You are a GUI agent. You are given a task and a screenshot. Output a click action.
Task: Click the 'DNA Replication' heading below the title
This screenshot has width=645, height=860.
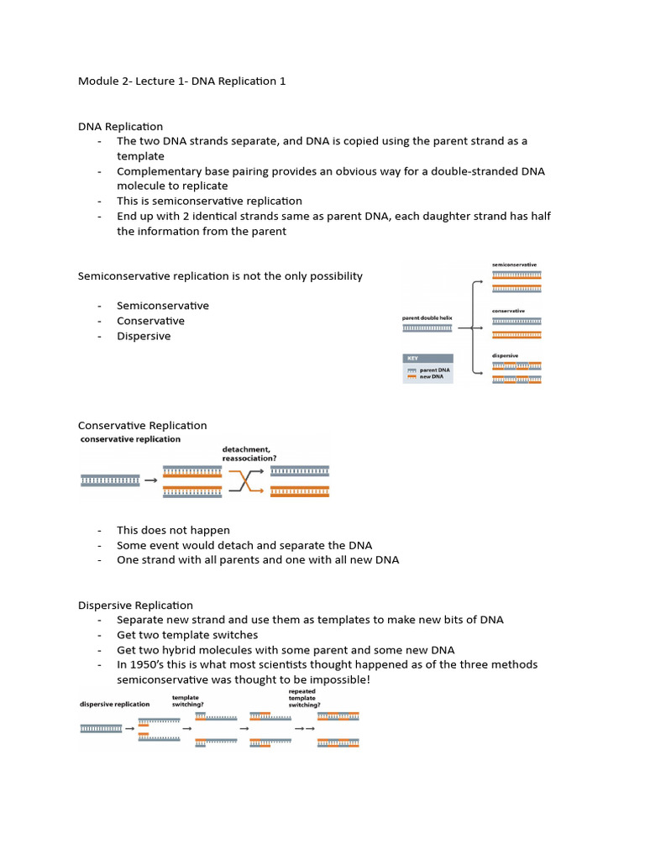pyautogui.click(x=120, y=126)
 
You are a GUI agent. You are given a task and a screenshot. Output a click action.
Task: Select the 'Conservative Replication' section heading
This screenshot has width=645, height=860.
pyautogui.click(x=142, y=426)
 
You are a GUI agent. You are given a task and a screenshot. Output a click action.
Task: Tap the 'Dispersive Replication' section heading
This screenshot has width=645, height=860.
pyautogui.click(x=135, y=605)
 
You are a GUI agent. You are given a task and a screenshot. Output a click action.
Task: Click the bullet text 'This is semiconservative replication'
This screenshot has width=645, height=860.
pyautogui.click(x=209, y=201)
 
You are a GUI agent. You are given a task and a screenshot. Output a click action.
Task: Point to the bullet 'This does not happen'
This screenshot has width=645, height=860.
pyautogui.click(x=173, y=530)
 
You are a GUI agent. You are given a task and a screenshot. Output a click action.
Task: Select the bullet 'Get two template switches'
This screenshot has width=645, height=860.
pyautogui.click(x=187, y=635)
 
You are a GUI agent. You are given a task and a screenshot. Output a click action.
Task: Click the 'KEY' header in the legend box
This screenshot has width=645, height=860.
pyautogui.click(x=414, y=358)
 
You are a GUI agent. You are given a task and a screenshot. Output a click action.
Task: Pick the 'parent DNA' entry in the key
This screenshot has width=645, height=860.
pyautogui.click(x=434, y=370)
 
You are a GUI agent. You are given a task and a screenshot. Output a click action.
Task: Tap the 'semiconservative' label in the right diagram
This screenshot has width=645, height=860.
pyautogui.click(x=514, y=265)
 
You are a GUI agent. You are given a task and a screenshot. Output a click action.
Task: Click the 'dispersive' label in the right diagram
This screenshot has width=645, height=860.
pyautogui.click(x=505, y=355)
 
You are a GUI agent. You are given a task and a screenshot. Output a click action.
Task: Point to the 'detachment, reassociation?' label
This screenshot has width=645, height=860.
pyautogui.click(x=249, y=454)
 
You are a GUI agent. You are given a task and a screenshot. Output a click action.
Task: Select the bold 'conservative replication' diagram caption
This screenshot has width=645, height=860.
pyautogui.click(x=129, y=439)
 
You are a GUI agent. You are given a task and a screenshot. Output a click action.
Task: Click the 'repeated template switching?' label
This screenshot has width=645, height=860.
pyautogui.click(x=302, y=698)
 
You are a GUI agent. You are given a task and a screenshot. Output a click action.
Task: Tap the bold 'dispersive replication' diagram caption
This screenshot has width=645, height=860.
pyautogui.click(x=115, y=704)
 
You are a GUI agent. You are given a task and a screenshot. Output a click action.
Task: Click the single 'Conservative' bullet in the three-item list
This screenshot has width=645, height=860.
pyautogui.click(x=150, y=321)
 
